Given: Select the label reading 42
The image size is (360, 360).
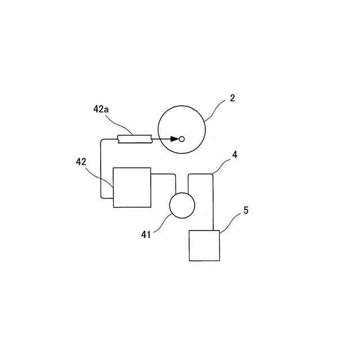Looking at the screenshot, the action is click(82, 161).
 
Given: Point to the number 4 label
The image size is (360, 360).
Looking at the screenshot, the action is click(235, 153).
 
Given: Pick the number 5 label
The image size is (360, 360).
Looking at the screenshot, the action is click(245, 210).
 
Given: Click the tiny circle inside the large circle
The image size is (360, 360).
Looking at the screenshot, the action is click(182, 138).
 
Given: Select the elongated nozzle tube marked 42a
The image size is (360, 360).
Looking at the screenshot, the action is click(134, 138).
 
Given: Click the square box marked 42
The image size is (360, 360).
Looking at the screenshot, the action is click(132, 187).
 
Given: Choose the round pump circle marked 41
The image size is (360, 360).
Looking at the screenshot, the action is click(182, 205).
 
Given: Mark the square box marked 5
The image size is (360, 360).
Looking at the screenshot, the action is click(204, 246).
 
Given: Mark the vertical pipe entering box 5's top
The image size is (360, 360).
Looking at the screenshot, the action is click(214, 202).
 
